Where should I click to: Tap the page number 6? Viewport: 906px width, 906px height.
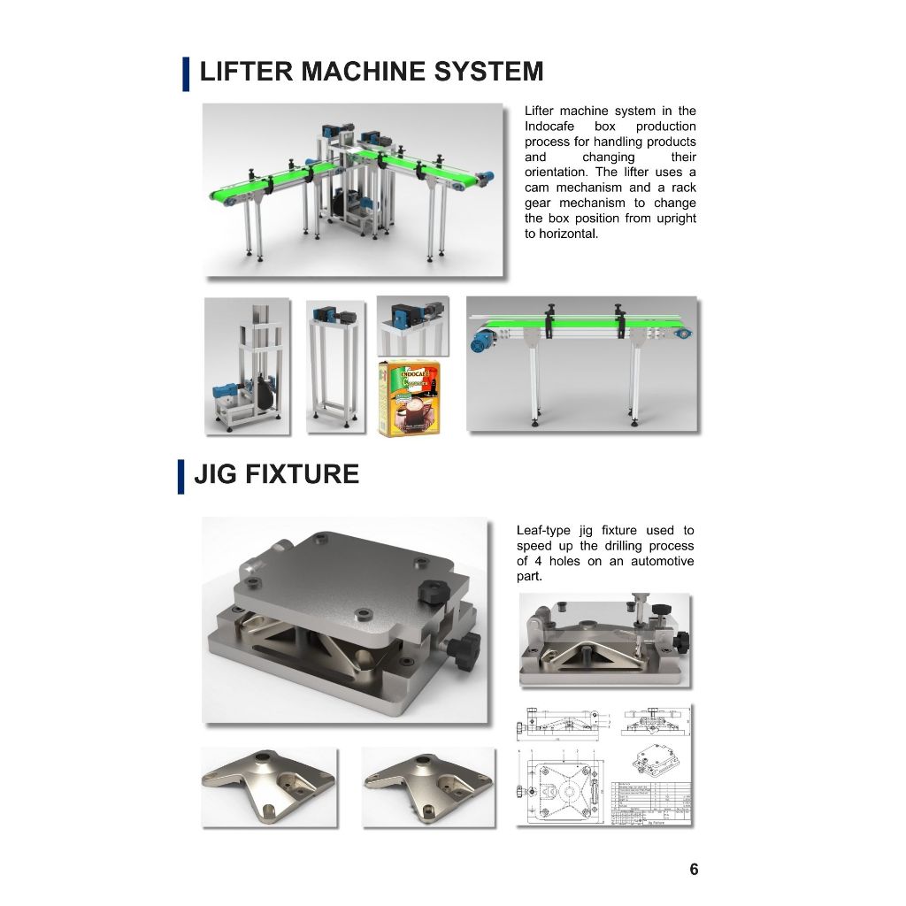[694, 869]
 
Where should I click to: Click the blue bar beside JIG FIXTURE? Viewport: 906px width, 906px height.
[181, 476]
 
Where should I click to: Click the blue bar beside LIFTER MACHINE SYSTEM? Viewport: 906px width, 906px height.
[186, 73]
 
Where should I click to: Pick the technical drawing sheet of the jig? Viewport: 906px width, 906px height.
[605, 765]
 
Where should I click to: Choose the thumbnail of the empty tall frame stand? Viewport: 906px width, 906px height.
[335, 365]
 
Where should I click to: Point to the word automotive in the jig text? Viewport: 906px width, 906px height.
[662, 561]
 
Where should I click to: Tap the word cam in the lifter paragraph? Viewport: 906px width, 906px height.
[537, 188]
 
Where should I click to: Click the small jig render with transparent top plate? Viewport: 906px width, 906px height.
[604, 641]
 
